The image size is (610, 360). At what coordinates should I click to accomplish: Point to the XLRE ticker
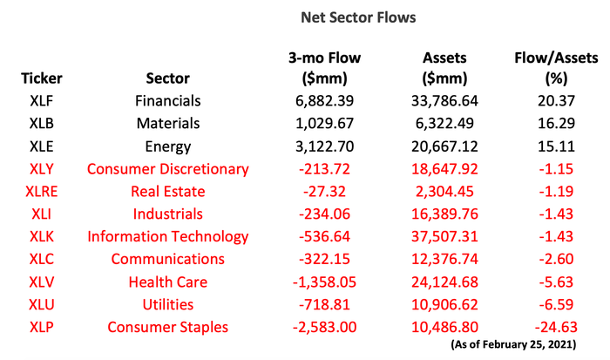(42, 191)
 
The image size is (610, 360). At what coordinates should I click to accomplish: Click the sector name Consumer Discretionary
(167, 168)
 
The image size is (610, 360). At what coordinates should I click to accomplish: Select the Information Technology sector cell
(167, 236)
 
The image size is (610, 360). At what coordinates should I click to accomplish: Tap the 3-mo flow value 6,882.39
(324, 100)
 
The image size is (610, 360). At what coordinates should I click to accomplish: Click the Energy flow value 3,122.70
(324, 146)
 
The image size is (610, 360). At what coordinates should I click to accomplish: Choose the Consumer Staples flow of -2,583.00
(324, 327)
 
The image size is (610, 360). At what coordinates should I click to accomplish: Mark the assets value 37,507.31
(445, 236)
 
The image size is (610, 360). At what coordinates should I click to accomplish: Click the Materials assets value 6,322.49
(445, 123)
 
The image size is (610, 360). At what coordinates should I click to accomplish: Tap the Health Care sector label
(167, 282)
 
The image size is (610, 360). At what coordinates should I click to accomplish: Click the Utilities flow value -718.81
(324, 304)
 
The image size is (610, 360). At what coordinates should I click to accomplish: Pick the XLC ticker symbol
(42, 259)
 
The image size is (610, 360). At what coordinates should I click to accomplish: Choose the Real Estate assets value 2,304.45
(445, 191)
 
